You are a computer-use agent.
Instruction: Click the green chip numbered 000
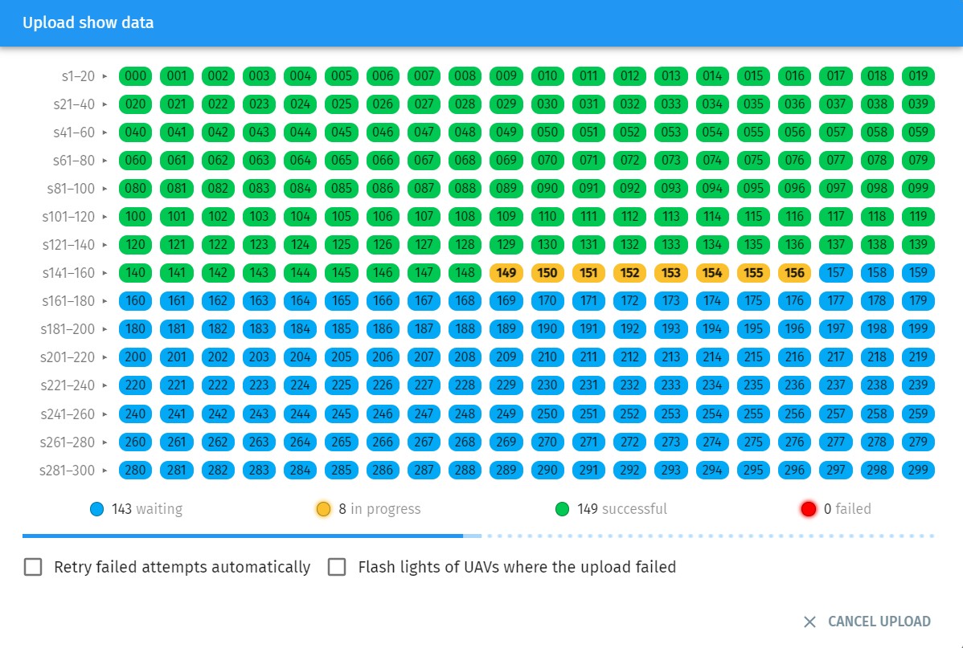136,76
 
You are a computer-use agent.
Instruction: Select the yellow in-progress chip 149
506,273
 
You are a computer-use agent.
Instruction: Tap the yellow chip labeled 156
794,273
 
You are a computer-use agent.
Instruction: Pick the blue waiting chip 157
836,273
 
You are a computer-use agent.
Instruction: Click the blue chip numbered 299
918,470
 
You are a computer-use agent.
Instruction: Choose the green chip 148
465,273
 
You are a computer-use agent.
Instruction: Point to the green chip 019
918,76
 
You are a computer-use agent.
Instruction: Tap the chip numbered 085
342,189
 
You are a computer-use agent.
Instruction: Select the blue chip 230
547,385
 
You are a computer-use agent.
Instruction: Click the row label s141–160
69,273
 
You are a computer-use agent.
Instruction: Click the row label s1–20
79,76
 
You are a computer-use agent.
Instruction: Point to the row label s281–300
68,470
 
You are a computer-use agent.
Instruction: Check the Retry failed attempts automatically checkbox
33,567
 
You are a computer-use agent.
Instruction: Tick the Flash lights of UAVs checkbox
337,567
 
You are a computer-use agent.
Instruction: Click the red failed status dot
809,509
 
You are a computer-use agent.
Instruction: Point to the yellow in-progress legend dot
324,509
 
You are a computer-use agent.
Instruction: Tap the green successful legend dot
563,509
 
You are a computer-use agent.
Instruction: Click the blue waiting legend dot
97,509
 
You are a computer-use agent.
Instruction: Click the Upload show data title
88,22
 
